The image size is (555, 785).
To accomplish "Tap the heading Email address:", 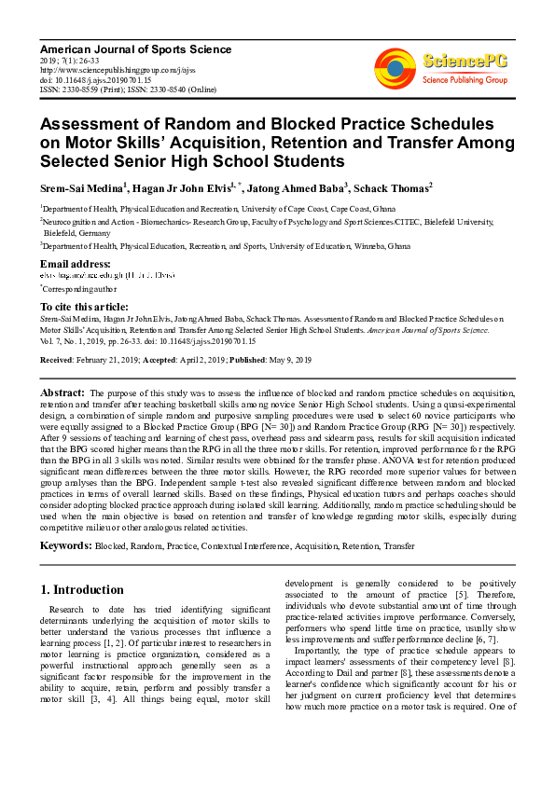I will tap(76, 264).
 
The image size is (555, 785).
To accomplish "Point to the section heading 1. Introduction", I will tap(82, 590).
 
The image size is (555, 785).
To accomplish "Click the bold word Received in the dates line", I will tap(59, 358).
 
